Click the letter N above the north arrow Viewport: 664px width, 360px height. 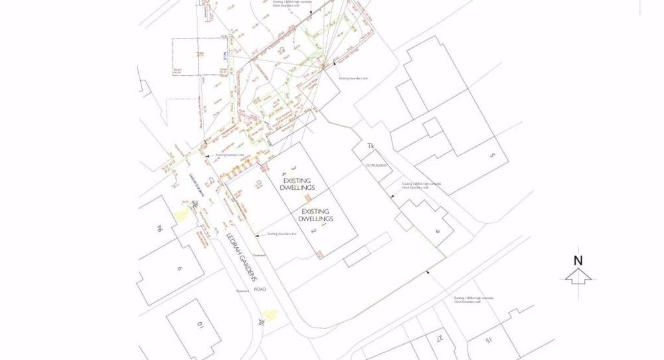point(578,261)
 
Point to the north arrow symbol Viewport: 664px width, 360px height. point(578,276)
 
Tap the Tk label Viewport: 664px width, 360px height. point(371,146)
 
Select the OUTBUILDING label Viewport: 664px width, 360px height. point(376,165)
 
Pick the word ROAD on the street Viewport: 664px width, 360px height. point(260,289)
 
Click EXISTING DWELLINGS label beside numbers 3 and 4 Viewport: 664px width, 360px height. point(297,184)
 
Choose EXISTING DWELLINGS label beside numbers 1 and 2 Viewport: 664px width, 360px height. point(315,215)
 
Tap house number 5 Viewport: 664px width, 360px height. point(492,156)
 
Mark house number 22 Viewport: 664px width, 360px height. point(440,339)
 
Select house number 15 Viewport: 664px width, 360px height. point(489,340)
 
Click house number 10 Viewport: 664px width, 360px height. point(199,325)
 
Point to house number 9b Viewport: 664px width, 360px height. point(159,228)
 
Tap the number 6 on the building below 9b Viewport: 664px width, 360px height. point(179,268)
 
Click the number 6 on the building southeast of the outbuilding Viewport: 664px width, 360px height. point(438,231)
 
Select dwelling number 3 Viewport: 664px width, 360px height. point(293,169)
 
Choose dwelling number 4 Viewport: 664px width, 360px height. point(284,174)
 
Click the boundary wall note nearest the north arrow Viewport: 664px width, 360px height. point(473,300)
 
